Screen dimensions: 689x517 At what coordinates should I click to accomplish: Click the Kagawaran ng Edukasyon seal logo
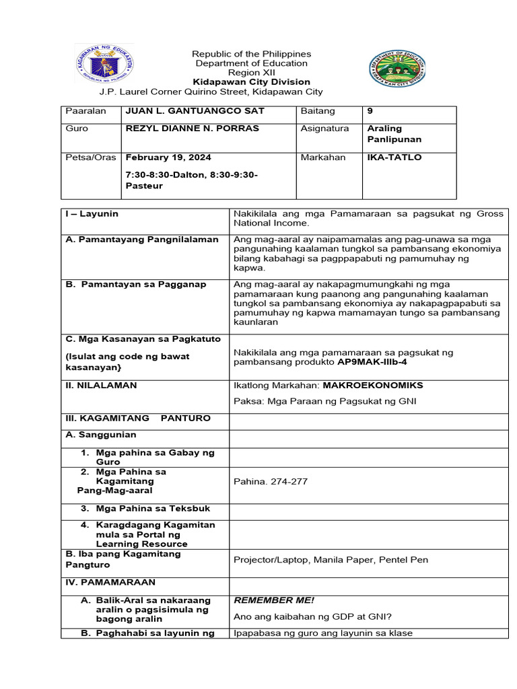pyautogui.click(x=104, y=65)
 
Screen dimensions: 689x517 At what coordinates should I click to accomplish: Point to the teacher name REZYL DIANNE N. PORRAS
pyautogui.click(x=192, y=129)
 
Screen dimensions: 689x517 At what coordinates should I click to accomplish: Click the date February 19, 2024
pyautogui.click(x=168, y=157)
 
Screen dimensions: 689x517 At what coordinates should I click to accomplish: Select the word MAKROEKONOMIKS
pyautogui.click(x=373, y=386)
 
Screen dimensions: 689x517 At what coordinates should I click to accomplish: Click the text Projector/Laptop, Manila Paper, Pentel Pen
pyautogui.click(x=331, y=560)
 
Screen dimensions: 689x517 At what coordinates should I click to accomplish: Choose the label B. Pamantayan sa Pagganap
pyautogui.click(x=135, y=285)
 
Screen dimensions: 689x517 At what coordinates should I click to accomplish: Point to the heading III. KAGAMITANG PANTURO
pyautogui.click(x=137, y=419)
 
